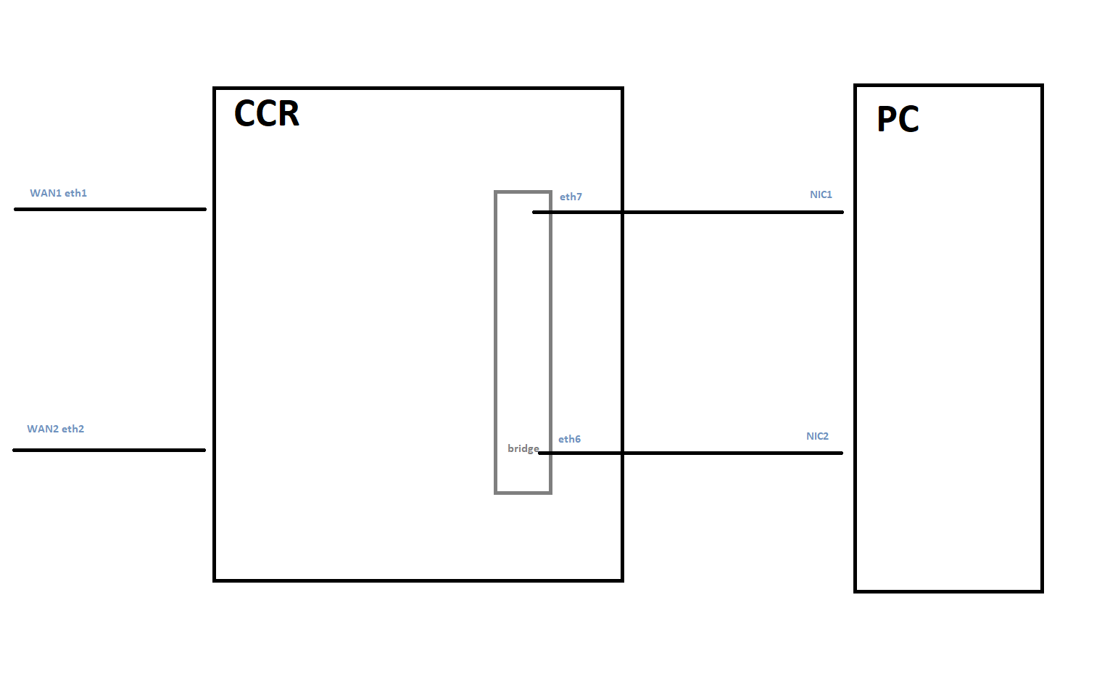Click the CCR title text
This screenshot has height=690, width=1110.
[x=266, y=114]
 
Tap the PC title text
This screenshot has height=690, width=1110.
[x=898, y=119]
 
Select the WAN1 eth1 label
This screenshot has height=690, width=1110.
[x=58, y=193]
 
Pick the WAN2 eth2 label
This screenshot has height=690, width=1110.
[x=55, y=429]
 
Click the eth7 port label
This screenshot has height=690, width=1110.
[x=571, y=197]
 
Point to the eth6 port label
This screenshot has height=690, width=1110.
[x=569, y=439]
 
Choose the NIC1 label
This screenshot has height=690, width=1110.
[x=821, y=194]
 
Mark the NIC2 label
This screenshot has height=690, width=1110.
[x=817, y=436]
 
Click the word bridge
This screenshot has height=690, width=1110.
[x=523, y=448]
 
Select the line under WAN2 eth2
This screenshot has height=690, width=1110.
[x=109, y=450]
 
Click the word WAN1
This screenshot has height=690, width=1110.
[x=45, y=193]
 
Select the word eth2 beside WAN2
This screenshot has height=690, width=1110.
[x=73, y=429]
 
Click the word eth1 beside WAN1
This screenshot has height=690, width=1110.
[x=75, y=193]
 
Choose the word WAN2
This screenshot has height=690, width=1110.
[x=43, y=429]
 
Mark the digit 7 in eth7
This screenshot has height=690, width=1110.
[x=579, y=197]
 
